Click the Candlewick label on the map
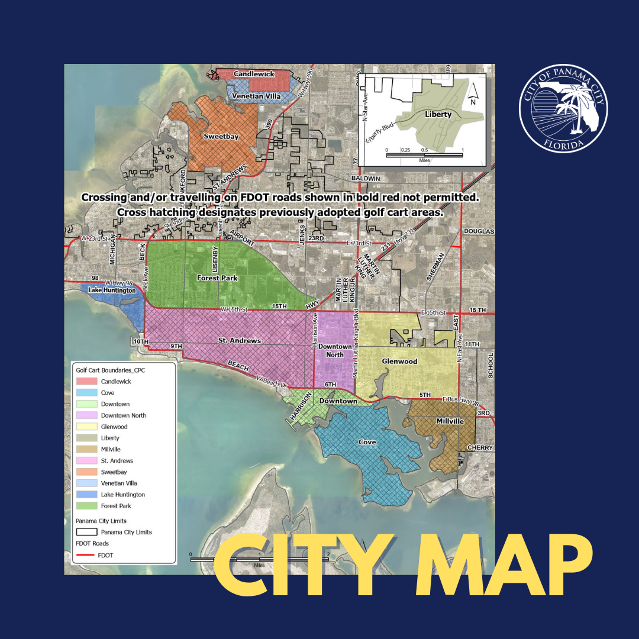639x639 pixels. [x=254, y=74]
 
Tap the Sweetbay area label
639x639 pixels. [x=221, y=137]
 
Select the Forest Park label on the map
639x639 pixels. [x=217, y=277]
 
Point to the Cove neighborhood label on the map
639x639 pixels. [x=367, y=442]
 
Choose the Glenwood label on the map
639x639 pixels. [x=399, y=361]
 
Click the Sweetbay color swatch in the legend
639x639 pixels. [x=86, y=472]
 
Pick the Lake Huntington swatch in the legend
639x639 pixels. [x=86, y=495]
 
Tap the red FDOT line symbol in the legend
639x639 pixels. [x=86, y=555]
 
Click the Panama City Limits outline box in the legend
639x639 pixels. [x=86, y=532]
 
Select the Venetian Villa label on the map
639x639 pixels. [x=256, y=96]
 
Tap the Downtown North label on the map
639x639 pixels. [x=331, y=350]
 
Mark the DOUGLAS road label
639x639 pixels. [x=478, y=231]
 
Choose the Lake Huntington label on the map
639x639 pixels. [x=112, y=291]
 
